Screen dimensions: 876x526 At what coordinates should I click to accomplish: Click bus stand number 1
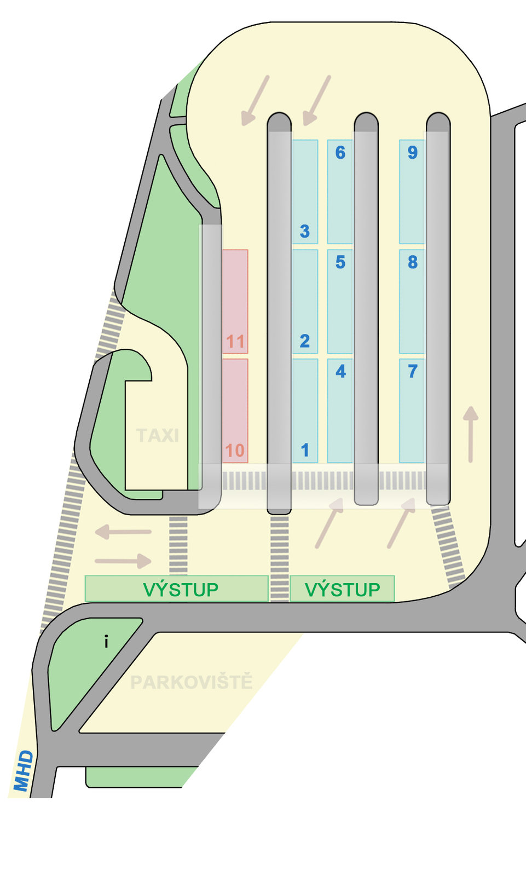[x=305, y=411]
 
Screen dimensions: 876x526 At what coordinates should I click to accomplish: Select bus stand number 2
[x=305, y=301]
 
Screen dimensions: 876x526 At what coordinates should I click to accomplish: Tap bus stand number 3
[x=305, y=192]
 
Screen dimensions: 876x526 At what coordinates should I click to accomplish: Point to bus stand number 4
[x=340, y=411]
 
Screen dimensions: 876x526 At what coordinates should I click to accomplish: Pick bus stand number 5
[x=340, y=301]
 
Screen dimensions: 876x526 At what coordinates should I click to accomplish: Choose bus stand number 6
[x=340, y=192]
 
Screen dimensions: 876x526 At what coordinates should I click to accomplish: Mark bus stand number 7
[x=413, y=411]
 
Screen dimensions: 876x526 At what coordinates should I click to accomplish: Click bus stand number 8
[x=413, y=301]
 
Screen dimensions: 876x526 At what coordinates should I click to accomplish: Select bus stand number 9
[x=413, y=192]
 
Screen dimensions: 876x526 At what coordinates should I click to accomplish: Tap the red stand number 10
[x=235, y=411]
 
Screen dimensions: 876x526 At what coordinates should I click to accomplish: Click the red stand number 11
[x=235, y=301]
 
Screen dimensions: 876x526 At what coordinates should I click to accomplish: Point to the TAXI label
[x=158, y=436]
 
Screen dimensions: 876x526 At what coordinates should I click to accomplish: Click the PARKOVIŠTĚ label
[x=192, y=682]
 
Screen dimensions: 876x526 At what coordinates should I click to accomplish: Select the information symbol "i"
[x=106, y=641]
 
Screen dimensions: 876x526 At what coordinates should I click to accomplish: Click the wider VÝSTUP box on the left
[x=177, y=589]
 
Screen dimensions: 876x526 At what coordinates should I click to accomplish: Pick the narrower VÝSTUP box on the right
[x=342, y=589]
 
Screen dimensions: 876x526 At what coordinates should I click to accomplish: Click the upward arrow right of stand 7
[x=471, y=434]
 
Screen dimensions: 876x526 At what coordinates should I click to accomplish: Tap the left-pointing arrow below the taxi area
[x=123, y=531]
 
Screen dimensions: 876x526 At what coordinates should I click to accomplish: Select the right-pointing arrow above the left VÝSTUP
[x=123, y=561]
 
